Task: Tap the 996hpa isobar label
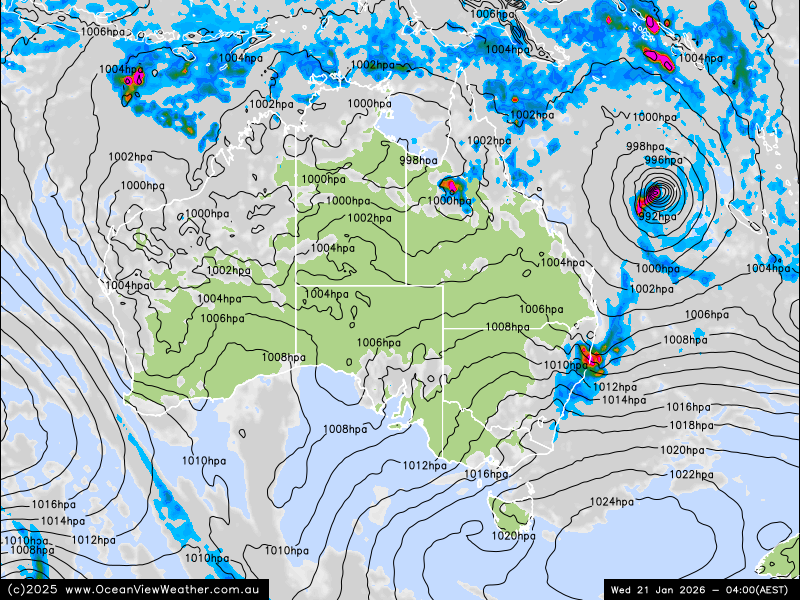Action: pos(663,160)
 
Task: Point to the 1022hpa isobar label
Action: pos(691,474)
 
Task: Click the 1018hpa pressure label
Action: pos(692,425)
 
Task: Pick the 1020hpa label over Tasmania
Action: pos(513,536)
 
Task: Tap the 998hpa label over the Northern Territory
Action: pos(418,160)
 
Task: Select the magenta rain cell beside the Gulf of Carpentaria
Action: pos(451,185)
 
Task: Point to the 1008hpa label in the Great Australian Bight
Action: pos(344,429)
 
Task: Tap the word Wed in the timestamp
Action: pos(622,590)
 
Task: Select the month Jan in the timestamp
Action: pos(661,590)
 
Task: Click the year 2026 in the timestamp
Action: pos(688,590)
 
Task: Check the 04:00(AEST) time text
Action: pos(749,590)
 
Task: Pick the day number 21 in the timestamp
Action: pos(642,590)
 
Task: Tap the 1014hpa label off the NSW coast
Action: pos(623,400)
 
